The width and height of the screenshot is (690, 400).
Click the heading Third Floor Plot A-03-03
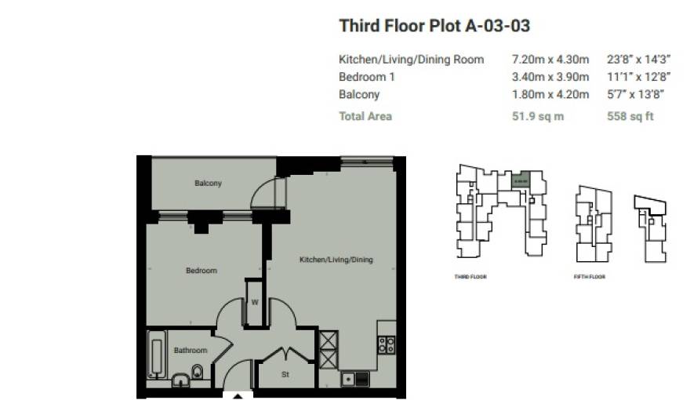(x=434, y=26)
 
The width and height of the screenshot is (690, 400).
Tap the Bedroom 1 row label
(x=366, y=77)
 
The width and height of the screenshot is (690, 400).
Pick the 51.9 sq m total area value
(x=537, y=116)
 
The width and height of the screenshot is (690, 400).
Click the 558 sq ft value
(x=630, y=116)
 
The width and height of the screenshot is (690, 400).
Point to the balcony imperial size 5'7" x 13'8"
(x=636, y=94)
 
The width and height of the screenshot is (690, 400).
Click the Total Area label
(x=365, y=116)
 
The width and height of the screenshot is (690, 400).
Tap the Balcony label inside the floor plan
(x=208, y=184)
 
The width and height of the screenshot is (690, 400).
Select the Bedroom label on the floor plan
(x=202, y=271)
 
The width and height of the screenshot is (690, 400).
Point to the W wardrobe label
(x=255, y=302)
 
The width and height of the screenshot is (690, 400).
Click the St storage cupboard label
(x=285, y=374)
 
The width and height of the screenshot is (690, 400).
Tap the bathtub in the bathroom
(x=154, y=355)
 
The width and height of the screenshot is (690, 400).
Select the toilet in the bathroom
(x=198, y=373)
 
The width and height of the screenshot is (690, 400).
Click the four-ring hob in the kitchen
(x=386, y=345)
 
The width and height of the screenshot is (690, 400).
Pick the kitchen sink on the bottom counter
(x=348, y=380)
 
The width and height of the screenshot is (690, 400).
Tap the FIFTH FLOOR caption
(x=589, y=277)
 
